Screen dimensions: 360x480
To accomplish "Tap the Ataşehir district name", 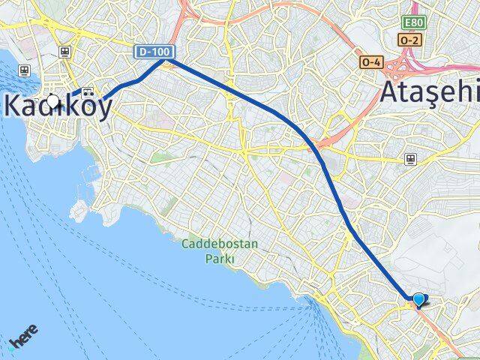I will click(x=429, y=91).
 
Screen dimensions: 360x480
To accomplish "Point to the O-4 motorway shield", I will click(x=370, y=61).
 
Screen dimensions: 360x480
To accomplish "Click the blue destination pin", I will click(x=418, y=299).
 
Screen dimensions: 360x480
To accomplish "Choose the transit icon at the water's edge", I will click(x=25, y=70).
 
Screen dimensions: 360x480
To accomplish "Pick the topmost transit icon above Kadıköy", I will click(x=66, y=52).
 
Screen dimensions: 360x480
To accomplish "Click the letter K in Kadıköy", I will click(x=13, y=105).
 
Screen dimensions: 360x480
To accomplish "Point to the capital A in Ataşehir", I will click(x=392, y=91).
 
